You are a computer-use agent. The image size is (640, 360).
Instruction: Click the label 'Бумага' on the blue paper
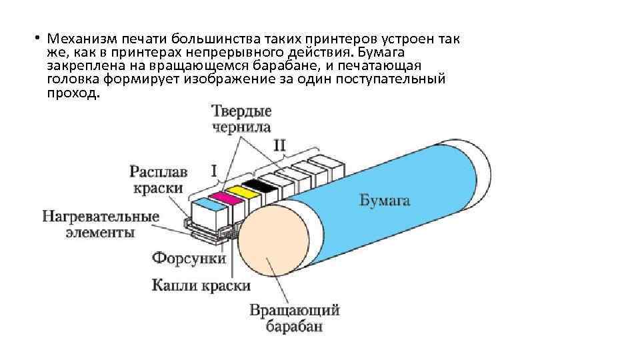pos(385,199)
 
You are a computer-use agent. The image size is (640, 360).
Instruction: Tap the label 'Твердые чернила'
pos(241,119)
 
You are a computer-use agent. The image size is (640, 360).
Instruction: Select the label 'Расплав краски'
pos(158,179)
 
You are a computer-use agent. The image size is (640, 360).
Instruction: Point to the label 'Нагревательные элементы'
pos(101,224)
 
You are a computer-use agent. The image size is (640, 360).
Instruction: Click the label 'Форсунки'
pos(189,257)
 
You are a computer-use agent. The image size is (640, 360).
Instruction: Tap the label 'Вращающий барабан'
pos(295,318)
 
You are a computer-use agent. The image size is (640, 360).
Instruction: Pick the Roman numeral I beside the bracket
pos(215,171)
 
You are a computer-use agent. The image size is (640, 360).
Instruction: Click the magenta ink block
pos(219,196)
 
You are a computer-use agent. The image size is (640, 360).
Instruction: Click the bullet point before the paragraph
pos(39,38)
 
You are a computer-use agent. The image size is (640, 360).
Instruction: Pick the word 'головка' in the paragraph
pos(75,80)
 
